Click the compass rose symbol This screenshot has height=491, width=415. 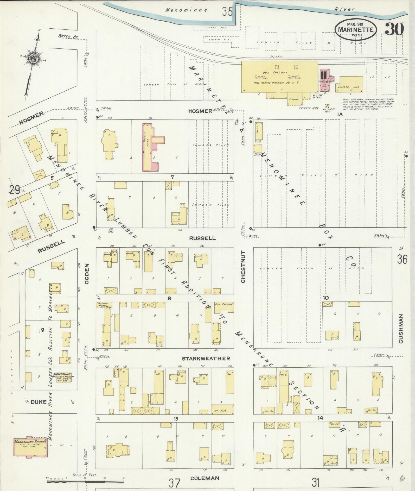[33, 59]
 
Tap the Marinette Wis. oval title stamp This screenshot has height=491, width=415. [356, 29]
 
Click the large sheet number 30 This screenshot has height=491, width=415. [394, 29]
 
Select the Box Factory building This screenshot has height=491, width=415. [279, 77]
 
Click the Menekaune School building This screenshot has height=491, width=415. [30, 448]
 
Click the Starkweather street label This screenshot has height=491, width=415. [206, 358]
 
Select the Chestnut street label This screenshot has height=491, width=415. [243, 267]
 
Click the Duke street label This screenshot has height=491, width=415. [38, 402]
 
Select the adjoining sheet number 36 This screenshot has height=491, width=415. [402, 260]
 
